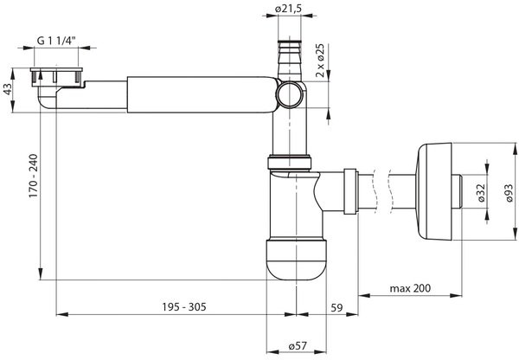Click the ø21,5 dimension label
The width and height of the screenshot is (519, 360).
[289, 9]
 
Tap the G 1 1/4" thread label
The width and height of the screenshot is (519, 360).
[56, 41]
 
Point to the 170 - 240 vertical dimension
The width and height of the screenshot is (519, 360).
[34, 176]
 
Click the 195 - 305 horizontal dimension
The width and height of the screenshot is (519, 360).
[184, 306]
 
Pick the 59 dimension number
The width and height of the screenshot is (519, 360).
[336, 308]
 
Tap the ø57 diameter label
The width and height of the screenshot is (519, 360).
[298, 346]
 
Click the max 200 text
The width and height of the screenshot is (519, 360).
[410, 288]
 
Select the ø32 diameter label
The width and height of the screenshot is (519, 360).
[482, 193]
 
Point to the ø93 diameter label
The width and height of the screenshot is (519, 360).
[509, 193]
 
